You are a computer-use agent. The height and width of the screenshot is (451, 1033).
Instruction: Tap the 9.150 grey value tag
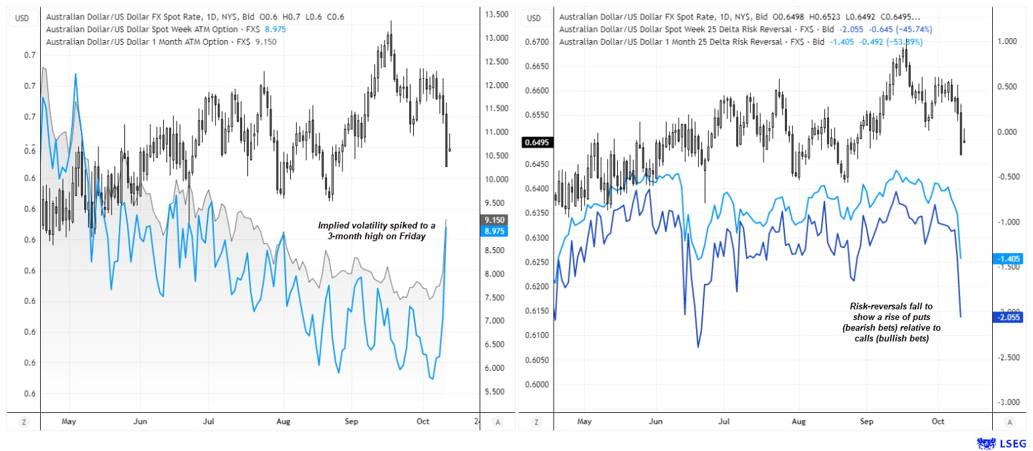click(x=495, y=220)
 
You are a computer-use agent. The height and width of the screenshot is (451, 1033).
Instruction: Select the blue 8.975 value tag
click(x=495, y=231)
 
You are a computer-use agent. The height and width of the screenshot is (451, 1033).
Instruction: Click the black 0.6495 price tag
click(x=536, y=142)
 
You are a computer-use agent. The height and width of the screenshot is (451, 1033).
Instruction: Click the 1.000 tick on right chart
click(x=1008, y=41)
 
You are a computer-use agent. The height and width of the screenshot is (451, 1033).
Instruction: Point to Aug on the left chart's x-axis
click(x=285, y=422)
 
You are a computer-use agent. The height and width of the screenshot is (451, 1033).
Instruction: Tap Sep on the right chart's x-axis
click(x=867, y=422)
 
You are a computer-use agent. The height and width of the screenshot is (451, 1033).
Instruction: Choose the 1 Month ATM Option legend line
click(x=160, y=41)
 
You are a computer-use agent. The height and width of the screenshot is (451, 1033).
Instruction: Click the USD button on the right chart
click(x=534, y=18)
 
